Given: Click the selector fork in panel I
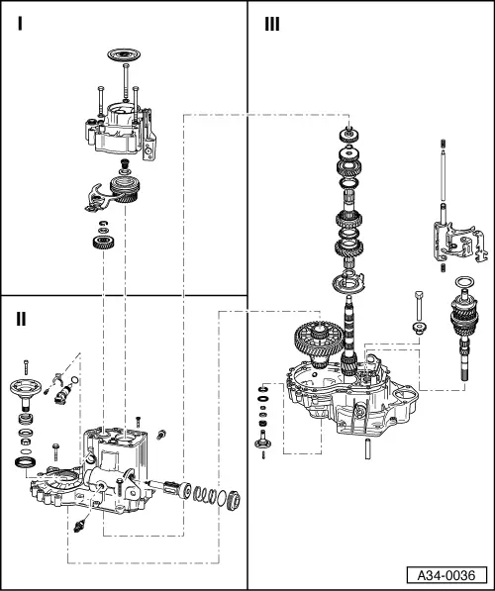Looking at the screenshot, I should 100,195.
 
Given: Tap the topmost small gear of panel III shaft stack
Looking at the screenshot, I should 347,136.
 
